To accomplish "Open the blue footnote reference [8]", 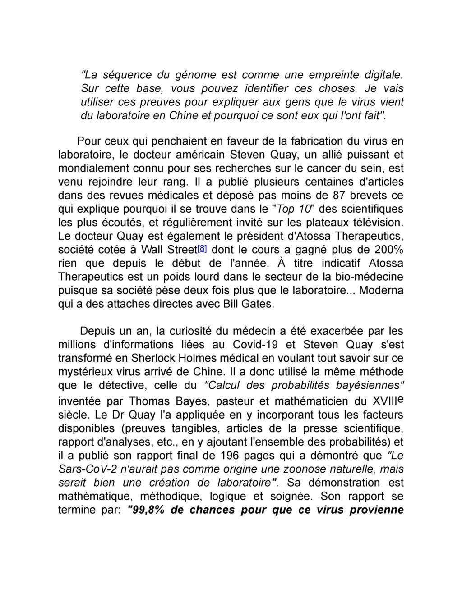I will [x=203, y=249].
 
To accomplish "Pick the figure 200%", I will [x=388, y=250].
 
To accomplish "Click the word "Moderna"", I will [x=381, y=290].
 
